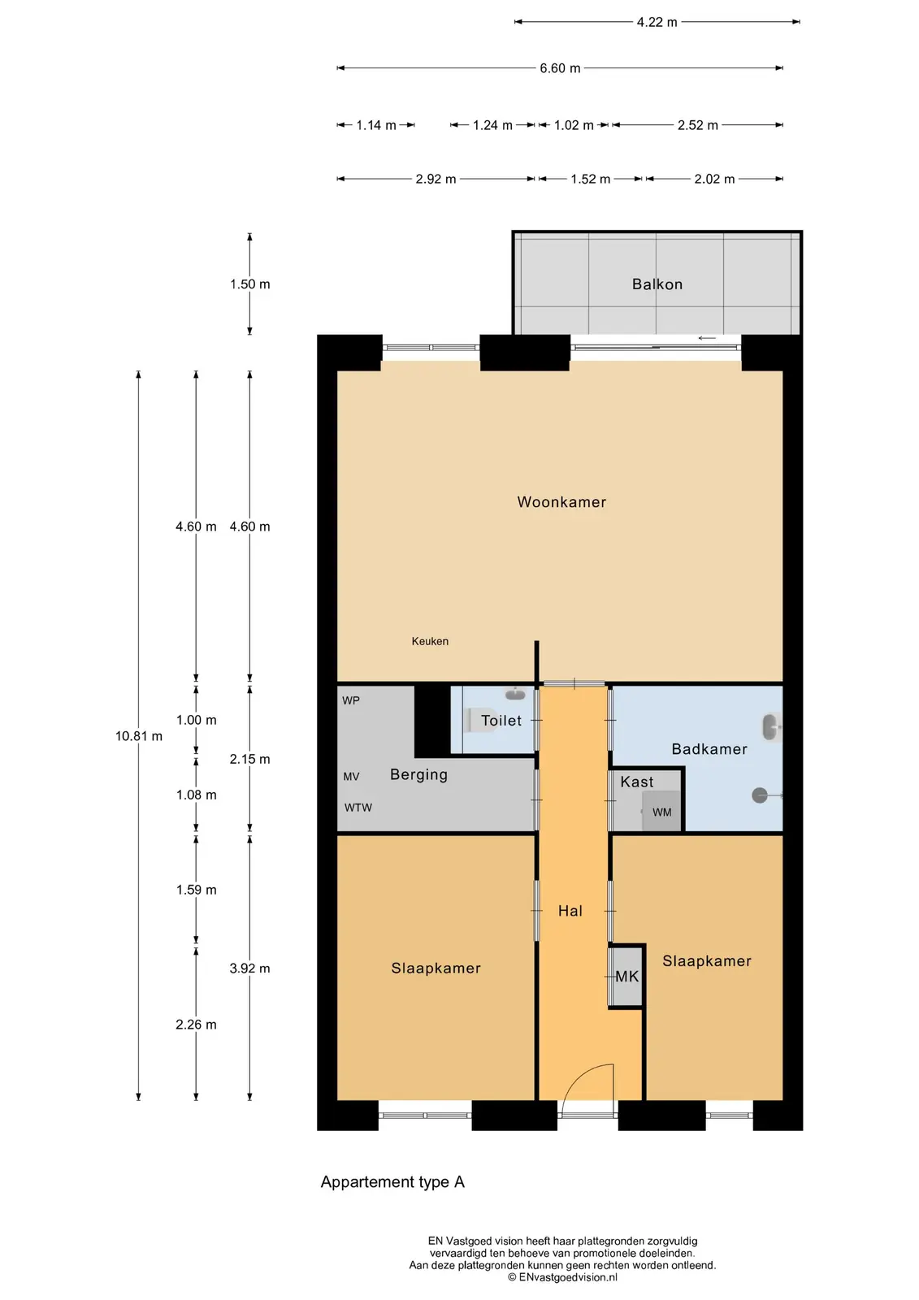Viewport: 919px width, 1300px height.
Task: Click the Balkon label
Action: point(657,284)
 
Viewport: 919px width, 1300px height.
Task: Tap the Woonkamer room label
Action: point(561,502)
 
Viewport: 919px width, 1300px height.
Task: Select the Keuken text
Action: point(430,641)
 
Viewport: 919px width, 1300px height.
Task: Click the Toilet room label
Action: point(501,720)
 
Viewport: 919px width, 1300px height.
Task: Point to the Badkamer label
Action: point(709,748)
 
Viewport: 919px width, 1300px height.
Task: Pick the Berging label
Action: point(418,775)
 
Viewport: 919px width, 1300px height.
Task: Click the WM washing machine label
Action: point(661,812)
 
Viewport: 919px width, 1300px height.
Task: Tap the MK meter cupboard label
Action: point(627,976)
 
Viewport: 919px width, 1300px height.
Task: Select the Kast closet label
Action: point(637,782)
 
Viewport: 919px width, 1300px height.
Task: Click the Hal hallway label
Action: point(570,911)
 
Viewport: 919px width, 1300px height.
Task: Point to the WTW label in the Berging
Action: point(358,808)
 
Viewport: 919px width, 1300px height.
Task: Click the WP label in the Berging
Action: point(351,700)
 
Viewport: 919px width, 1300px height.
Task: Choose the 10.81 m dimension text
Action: point(139,736)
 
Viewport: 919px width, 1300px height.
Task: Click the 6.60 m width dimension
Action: point(560,68)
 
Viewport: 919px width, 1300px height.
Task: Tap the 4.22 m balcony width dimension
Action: point(657,22)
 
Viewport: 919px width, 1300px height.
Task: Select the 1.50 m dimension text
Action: point(249,284)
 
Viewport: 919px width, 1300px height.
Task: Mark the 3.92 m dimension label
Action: point(249,968)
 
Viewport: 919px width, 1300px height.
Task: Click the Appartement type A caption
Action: point(392,1181)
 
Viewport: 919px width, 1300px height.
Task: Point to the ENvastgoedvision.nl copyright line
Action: point(562,1276)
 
